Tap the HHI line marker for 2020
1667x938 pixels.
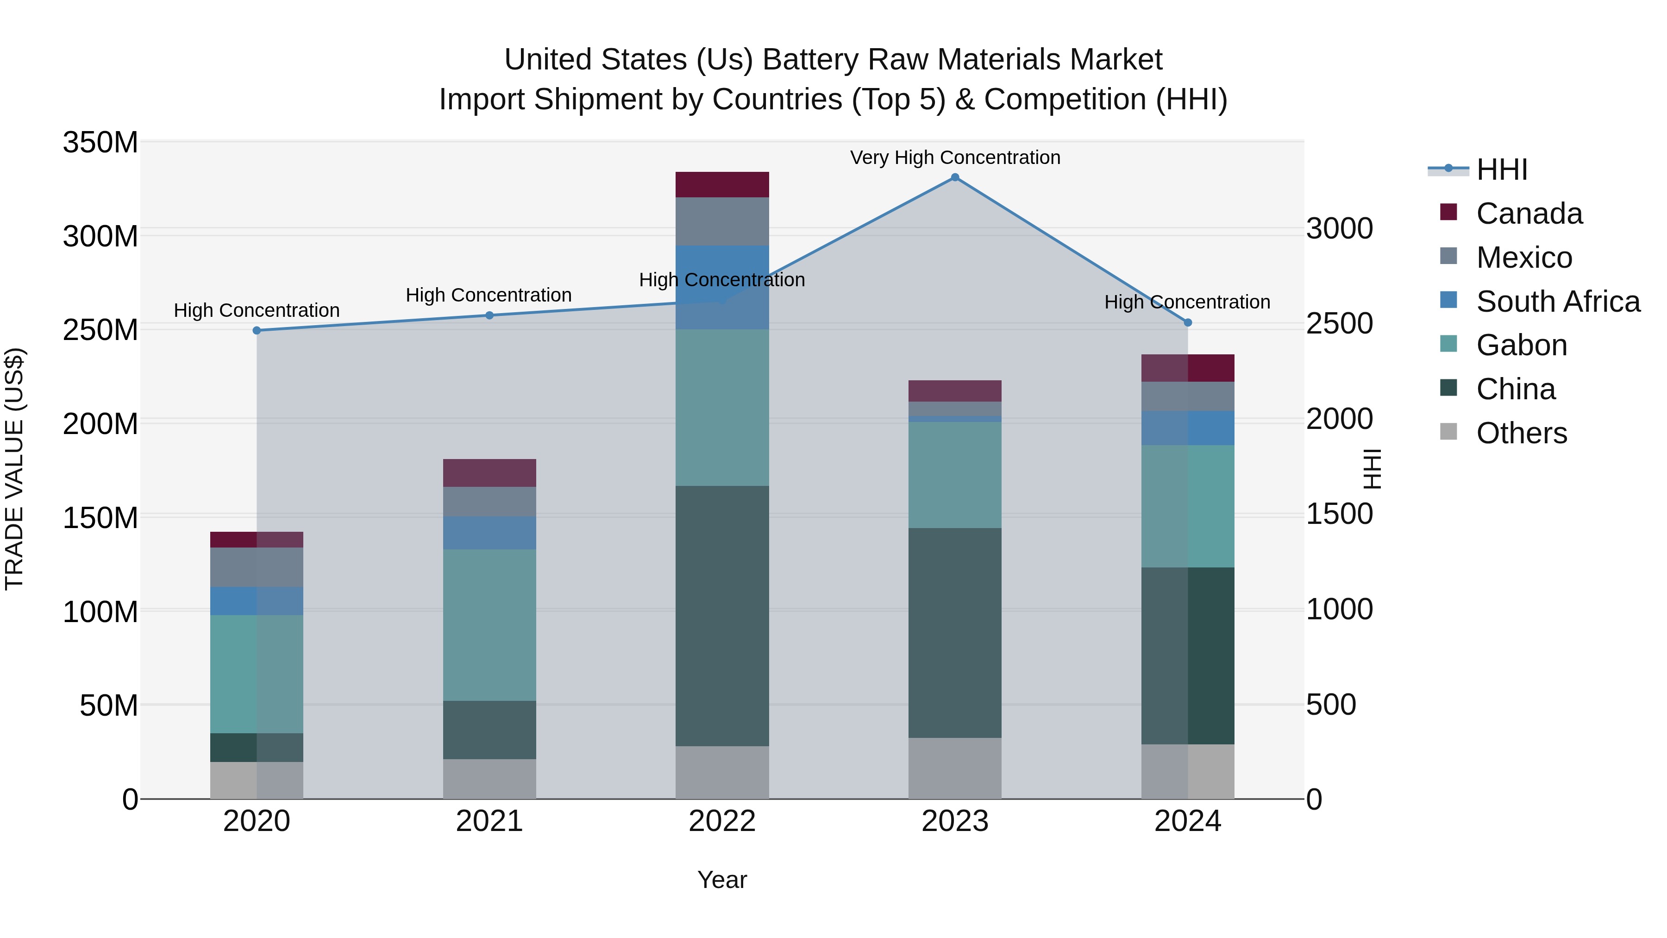(x=257, y=330)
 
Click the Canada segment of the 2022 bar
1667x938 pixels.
(x=722, y=184)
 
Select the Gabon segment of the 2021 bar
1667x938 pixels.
(x=489, y=625)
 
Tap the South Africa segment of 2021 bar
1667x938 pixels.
(x=489, y=533)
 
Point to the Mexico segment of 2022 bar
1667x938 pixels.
(x=722, y=221)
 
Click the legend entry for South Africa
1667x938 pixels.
(x=1558, y=302)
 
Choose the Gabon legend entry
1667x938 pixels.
(x=1522, y=345)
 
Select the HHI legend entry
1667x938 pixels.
(x=1501, y=170)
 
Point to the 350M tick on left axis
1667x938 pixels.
(x=100, y=142)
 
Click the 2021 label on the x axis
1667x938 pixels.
(x=489, y=821)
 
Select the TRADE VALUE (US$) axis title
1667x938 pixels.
(x=14, y=469)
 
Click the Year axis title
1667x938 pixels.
(x=722, y=880)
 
